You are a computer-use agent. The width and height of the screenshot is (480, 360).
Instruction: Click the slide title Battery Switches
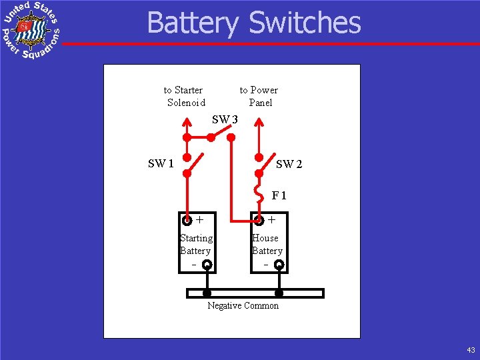click(253, 23)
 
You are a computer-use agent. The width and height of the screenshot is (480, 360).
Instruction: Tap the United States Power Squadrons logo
click(30, 30)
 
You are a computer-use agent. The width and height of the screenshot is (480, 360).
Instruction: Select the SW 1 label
click(161, 163)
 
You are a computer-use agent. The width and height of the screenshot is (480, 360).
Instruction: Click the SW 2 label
click(289, 164)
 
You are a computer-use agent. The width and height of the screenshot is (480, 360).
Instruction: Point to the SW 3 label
click(225, 120)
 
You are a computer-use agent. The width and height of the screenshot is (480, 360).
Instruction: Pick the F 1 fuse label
click(279, 196)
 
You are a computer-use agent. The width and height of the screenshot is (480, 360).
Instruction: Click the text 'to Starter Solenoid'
click(185, 96)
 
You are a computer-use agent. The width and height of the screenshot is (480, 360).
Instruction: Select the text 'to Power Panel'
click(259, 96)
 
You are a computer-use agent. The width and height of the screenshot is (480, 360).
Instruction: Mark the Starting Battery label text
click(195, 244)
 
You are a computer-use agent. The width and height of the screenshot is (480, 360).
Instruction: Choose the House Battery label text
click(267, 244)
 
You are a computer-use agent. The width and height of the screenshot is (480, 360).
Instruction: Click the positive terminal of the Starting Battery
click(188, 219)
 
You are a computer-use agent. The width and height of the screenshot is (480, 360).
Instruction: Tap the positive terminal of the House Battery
click(259, 219)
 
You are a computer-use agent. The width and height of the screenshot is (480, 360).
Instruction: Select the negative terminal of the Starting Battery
click(207, 265)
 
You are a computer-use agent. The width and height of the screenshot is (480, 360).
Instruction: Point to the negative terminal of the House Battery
click(279, 265)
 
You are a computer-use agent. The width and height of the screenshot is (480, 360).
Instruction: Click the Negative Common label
click(243, 305)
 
